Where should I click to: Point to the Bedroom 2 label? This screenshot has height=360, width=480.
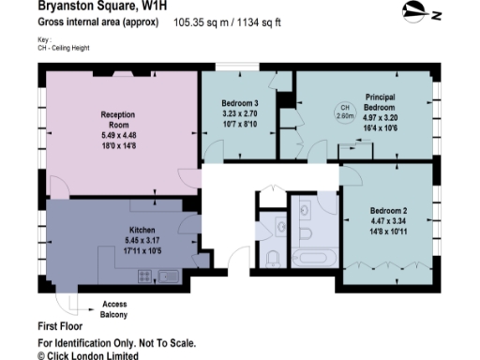click(x=386, y=210)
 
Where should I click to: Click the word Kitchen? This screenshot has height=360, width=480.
click(x=142, y=229)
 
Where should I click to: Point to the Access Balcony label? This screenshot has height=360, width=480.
click(x=115, y=308)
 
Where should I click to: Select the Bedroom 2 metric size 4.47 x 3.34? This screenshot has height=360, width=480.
click(x=386, y=221)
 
